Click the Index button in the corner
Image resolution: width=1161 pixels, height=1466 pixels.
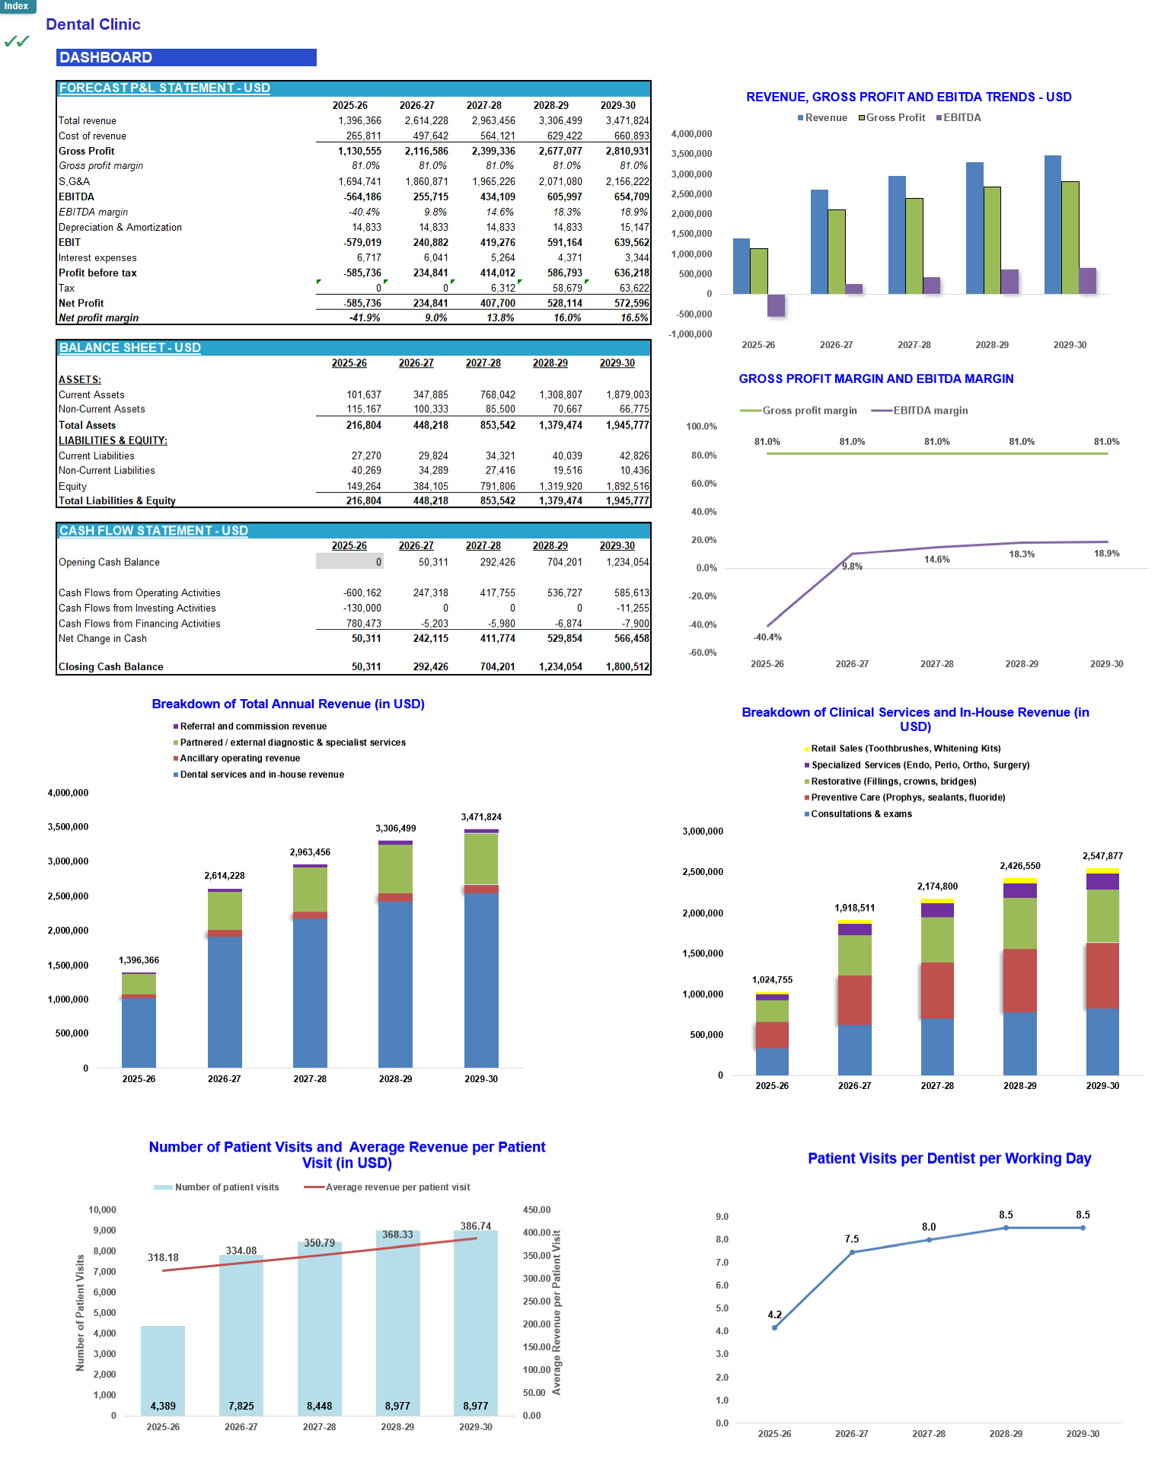coord(17,6)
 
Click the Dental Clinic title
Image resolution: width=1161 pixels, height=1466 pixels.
coord(93,24)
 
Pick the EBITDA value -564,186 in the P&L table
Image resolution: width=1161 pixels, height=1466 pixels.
coord(362,197)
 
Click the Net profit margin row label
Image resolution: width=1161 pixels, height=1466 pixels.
coord(99,318)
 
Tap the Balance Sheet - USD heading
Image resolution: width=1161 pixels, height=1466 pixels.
coord(130,348)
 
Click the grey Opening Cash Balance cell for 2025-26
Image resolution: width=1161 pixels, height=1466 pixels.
coord(349,562)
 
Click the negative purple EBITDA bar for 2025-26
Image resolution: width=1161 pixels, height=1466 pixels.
coord(776,305)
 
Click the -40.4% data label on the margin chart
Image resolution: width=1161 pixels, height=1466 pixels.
coord(767,637)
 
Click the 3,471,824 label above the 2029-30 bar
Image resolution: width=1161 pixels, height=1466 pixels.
coord(481,817)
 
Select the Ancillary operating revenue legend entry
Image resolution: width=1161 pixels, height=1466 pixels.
coord(239,759)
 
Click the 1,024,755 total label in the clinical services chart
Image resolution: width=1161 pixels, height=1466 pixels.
coord(772,980)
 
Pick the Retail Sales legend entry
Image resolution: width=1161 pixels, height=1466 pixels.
coord(905,749)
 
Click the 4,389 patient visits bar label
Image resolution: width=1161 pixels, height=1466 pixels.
coord(163,1407)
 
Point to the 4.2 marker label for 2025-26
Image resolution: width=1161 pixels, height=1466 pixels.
coord(774,1315)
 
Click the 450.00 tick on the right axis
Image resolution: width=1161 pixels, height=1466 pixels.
coord(537,1210)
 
